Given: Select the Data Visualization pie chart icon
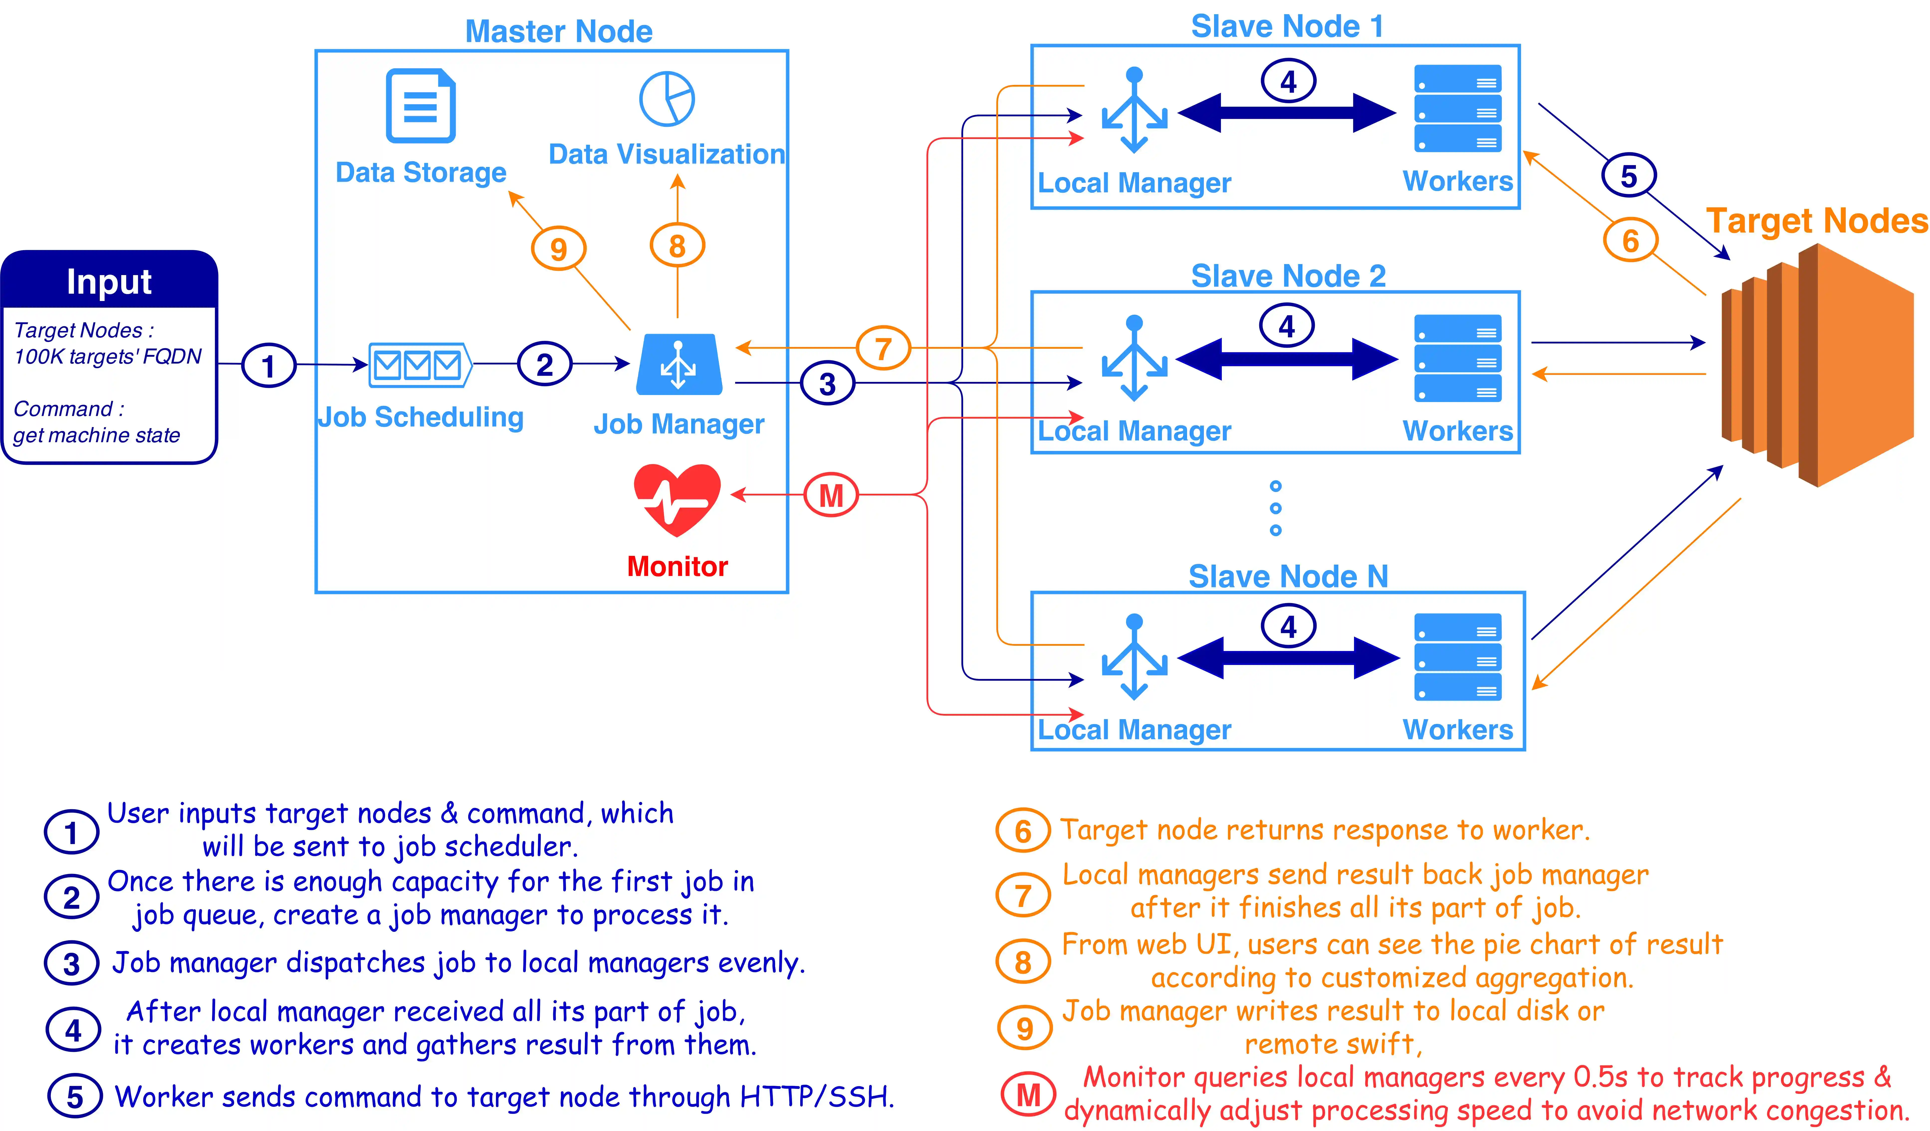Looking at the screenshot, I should tap(667, 99).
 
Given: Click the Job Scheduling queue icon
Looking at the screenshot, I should tap(420, 365).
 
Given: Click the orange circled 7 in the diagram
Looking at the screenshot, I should tap(883, 349).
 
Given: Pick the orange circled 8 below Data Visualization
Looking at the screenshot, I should tap(677, 246).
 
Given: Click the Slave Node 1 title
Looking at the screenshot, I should tap(1287, 27).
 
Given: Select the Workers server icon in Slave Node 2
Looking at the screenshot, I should tap(1458, 359).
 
